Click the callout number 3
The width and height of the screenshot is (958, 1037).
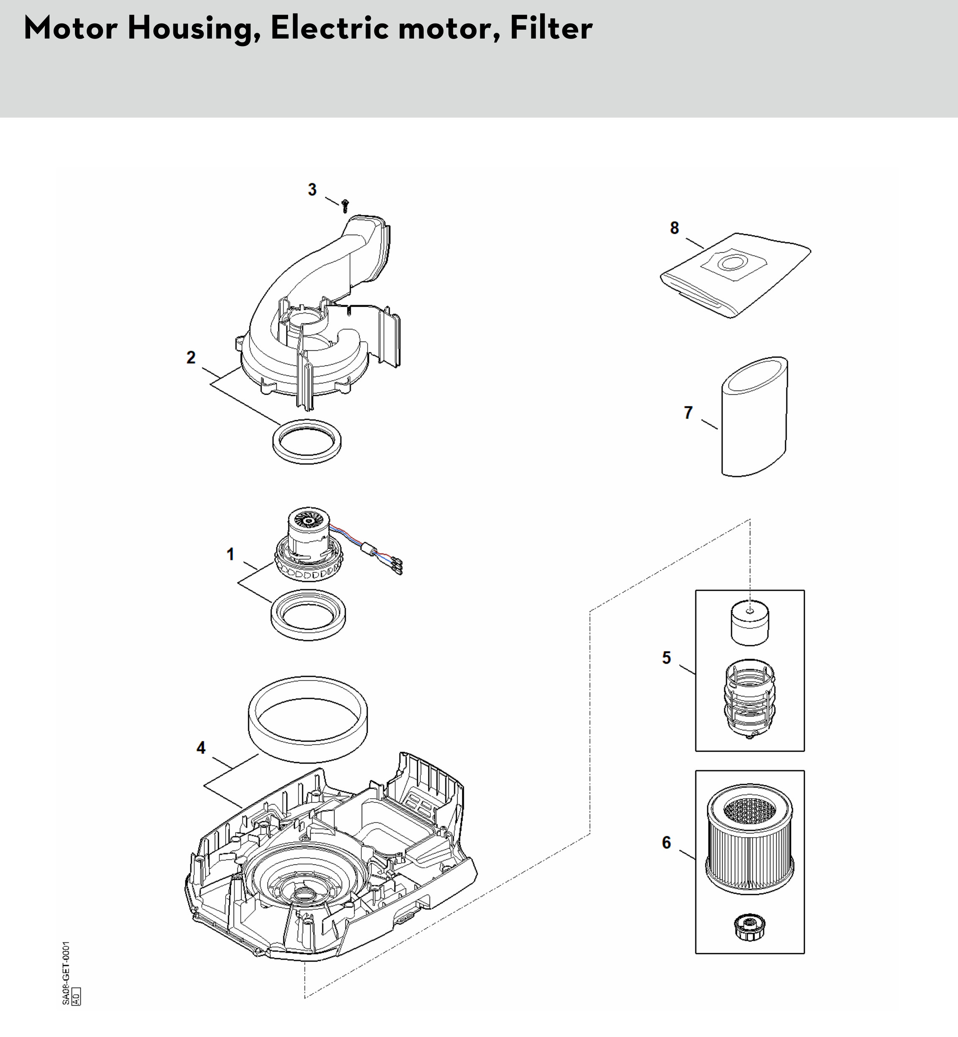312,190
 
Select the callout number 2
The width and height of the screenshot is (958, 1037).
191,357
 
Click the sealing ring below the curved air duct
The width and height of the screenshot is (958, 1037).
307,441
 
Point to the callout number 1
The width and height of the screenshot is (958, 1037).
231,555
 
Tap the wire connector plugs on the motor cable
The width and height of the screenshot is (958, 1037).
397,566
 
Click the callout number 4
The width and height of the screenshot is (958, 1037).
201,747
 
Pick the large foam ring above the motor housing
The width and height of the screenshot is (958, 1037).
309,719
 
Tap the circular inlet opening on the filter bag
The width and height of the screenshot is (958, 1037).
732,263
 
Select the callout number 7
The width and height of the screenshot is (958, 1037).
688,412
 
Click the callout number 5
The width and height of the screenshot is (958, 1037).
667,658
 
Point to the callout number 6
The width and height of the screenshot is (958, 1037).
667,843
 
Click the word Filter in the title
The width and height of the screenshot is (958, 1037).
551,28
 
